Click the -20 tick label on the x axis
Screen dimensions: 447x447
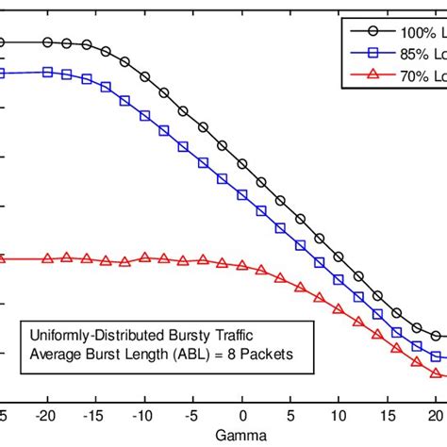coord(45,416)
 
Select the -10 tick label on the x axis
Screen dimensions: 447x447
coord(143,416)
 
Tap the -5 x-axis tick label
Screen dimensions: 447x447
coord(193,416)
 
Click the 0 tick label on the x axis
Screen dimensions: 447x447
coord(242,416)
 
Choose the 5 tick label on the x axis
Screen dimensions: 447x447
coord(291,416)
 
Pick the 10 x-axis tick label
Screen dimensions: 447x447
coord(339,416)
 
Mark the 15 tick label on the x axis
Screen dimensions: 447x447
coord(389,416)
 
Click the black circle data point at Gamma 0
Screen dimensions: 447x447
coord(242,164)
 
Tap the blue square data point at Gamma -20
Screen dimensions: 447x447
coord(46,72)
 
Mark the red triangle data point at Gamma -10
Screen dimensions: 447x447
coord(144,257)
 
